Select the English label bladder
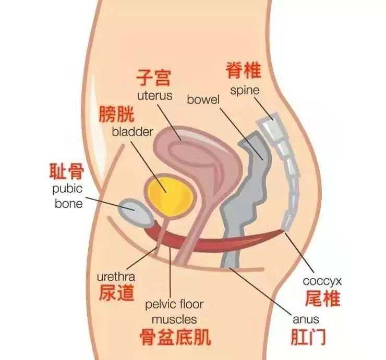click(132, 131)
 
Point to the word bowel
click(203, 98)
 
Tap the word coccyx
click(322, 281)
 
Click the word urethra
click(116, 277)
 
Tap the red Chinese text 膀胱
click(116, 114)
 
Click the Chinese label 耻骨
click(66, 170)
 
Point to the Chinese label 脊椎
click(244, 70)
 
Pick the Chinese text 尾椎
click(322, 299)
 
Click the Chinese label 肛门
click(309, 337)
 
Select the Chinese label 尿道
click(116, 294)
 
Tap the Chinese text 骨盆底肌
click(175, 337)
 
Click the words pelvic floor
click(174, 304)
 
